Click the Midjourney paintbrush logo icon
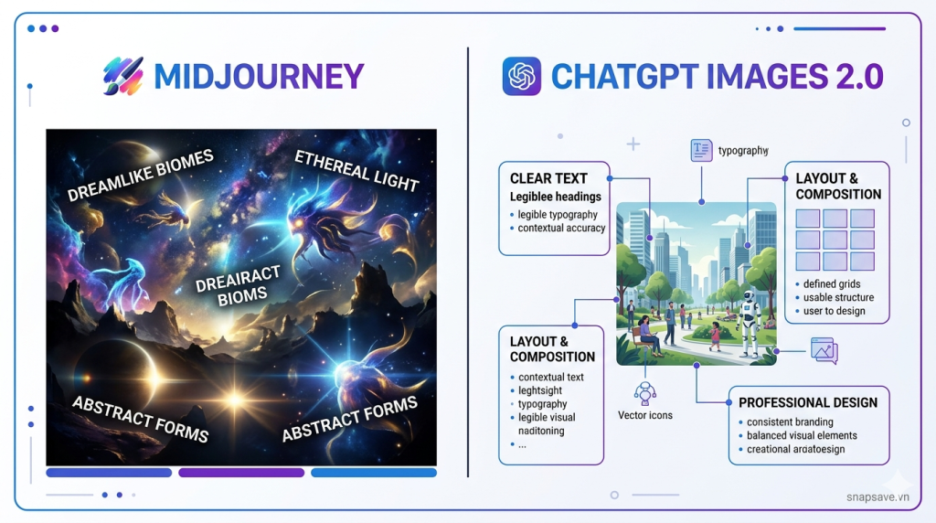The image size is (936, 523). tap(123, 77)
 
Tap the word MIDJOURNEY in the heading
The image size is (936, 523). tap(259, 77)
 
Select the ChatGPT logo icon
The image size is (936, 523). tap(522, 77)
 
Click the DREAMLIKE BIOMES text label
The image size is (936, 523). tap(140, 176)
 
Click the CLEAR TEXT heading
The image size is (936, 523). tap(548, 178)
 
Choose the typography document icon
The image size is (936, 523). tap(701, 151)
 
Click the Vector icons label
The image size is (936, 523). tap(646, 415)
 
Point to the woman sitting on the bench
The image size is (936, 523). tap(647, 334)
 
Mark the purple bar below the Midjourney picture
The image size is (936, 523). tap(241, 473)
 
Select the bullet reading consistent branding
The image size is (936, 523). tap(790, 422)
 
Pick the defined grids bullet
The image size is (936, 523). tap(832, 284)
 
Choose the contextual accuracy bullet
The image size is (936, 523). tap(561, 228)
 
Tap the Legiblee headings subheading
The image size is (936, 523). tap(556, 197)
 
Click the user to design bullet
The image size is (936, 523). tap(834, 311)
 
